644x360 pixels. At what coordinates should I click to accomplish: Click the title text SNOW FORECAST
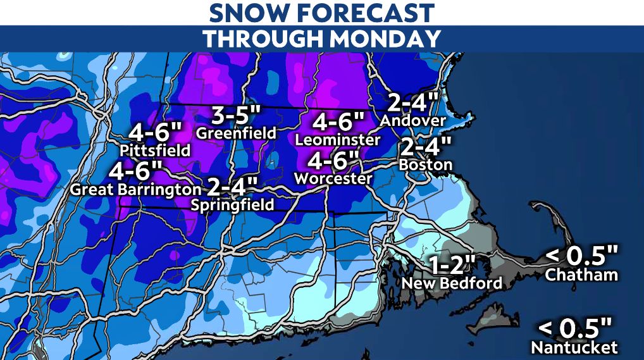321,12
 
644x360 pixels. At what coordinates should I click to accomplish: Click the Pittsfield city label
155,151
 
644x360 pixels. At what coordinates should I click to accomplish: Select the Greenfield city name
237,133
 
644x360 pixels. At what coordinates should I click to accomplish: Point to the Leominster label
338,139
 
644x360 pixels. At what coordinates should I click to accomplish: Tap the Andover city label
414,120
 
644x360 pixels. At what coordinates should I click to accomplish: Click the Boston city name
426,164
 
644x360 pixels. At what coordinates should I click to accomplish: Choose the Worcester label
333,179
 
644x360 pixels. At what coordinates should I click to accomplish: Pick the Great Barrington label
135,189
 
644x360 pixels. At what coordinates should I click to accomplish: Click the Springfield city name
234,204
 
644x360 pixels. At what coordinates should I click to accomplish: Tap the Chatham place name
581,275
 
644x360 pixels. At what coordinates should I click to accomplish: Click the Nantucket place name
574,347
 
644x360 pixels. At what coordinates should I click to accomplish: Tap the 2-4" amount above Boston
426,147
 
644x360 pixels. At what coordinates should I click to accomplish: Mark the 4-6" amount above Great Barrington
135,171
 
